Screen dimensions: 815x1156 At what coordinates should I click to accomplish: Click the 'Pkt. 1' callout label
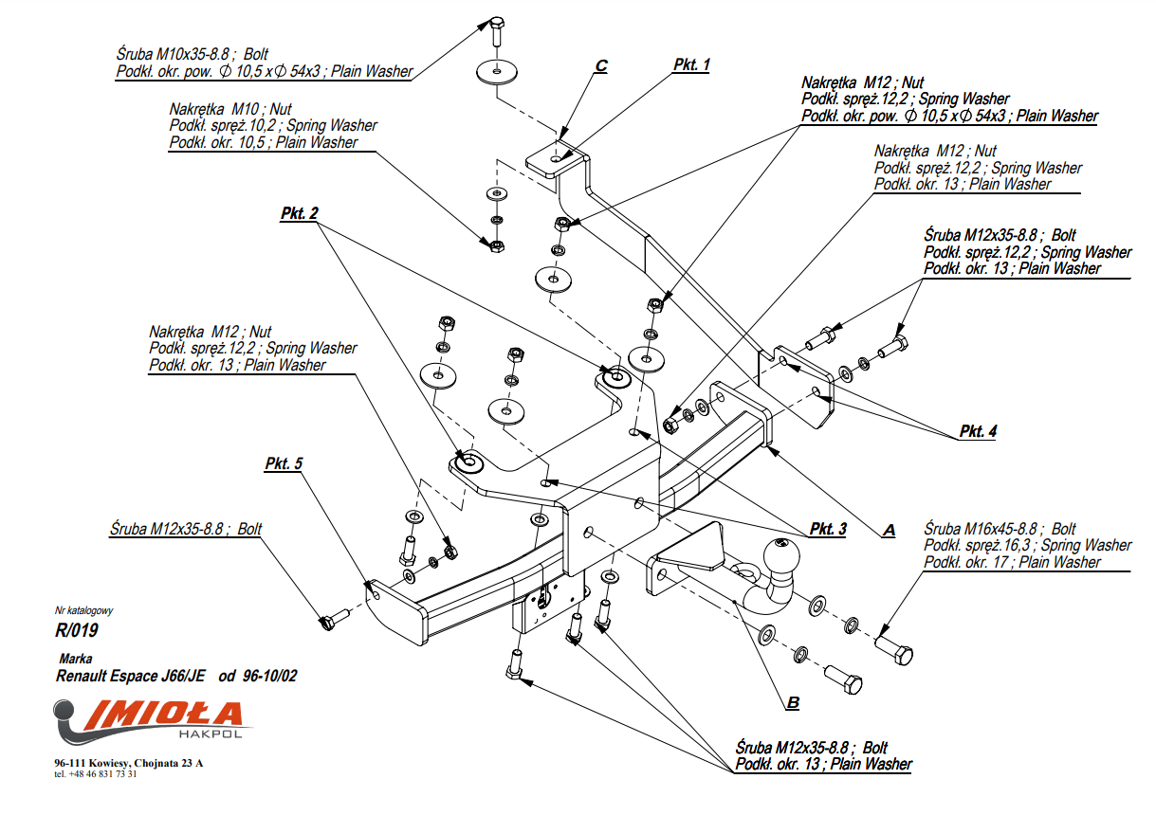691,64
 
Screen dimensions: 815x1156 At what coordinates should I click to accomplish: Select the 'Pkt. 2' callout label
299,214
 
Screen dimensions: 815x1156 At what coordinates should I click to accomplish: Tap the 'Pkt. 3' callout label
827,529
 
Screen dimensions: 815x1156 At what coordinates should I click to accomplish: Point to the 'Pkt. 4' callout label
977,431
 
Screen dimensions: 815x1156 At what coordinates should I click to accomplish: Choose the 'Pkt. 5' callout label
284,463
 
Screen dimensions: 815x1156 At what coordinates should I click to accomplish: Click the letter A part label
889,531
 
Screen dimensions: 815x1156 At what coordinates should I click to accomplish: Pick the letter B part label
793,703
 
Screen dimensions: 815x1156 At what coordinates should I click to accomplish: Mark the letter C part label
600,65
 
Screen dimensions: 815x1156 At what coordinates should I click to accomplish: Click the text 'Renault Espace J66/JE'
133,677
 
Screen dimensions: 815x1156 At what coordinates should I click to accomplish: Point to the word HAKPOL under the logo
211,734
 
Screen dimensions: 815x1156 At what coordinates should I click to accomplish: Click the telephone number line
96,774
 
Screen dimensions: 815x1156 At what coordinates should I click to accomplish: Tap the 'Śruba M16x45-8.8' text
986,529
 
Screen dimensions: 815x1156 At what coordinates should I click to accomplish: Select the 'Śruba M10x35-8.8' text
174,54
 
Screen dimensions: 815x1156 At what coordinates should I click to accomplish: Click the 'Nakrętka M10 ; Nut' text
230,109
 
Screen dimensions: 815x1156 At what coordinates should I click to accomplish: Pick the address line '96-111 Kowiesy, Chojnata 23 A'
128,763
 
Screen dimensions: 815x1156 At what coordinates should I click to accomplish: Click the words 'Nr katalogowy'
83,611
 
